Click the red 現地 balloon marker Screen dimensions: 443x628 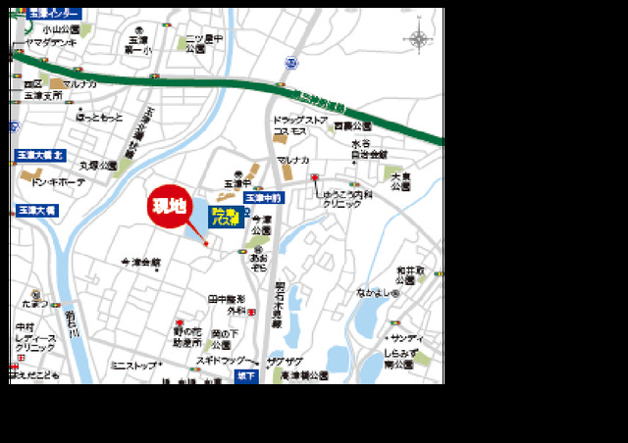[x=168, y=206]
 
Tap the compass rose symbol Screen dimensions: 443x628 [x=418, y=40]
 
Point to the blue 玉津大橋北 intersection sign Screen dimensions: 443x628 [x=40, y=156]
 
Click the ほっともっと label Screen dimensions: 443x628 [x=100, y=118]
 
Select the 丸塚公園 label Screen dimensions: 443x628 [x=97, y=166]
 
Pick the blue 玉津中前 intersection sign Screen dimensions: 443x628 [x=261, y=197]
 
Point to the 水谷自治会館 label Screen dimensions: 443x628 [x=369, y=149]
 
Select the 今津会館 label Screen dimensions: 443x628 [x=140, y=263]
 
